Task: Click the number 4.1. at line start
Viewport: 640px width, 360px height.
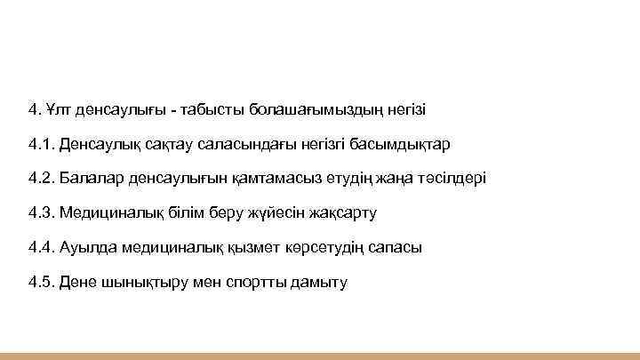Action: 41,144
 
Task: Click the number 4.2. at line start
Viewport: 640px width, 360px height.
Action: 41,178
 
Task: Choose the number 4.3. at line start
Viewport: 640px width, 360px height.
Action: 41,213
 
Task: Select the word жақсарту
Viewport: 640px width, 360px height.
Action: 344,213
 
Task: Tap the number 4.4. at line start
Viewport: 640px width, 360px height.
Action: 41,248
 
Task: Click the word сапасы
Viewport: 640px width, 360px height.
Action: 394,248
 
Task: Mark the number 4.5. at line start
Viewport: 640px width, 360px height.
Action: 41,283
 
